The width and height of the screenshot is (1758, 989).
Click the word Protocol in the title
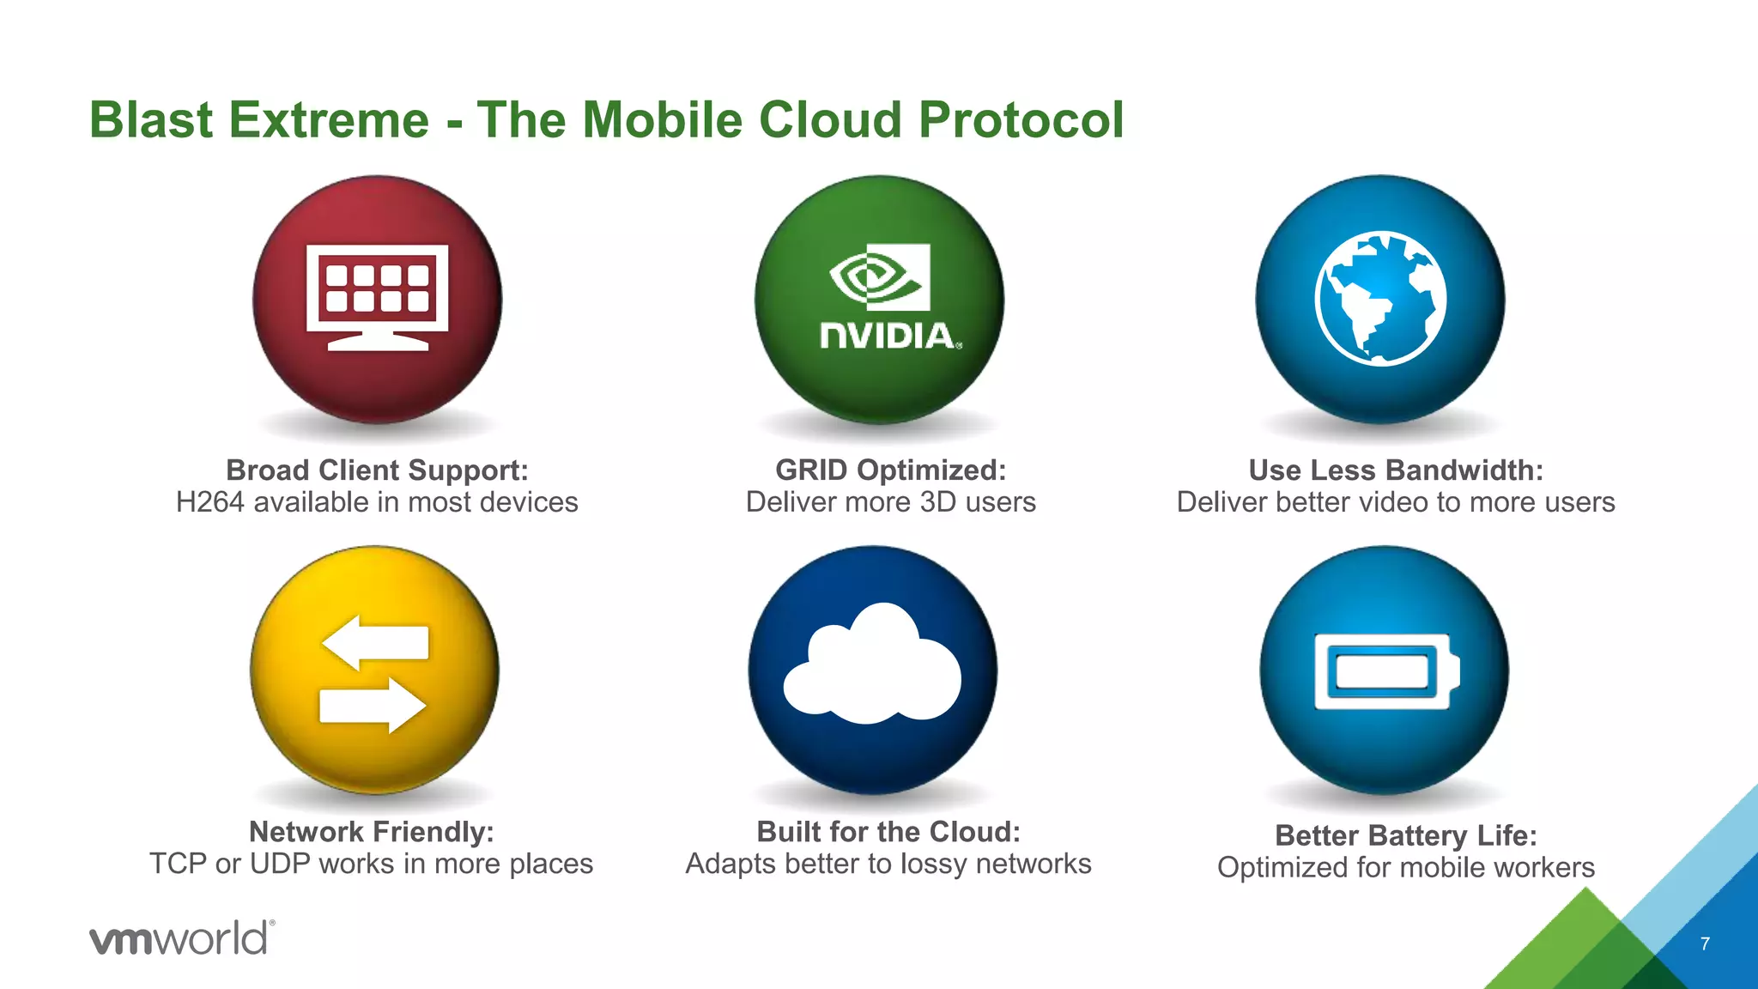(x=1021, y=119)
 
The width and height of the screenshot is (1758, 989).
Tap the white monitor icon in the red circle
(x=378, y=297)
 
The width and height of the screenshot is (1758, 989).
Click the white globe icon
(x=1380, y=298)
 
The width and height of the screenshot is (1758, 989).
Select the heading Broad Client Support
(x=377, y=470)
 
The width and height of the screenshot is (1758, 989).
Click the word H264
(x=210, y=502)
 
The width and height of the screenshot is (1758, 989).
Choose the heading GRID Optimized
(x=890, y=470)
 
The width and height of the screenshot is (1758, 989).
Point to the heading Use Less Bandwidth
(x=1396, y=470)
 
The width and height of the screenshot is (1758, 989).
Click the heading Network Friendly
(x=371, y=832)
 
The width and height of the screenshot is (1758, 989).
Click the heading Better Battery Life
(x=1405, y=835)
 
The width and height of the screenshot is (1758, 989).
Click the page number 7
(x=1705, y=943)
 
